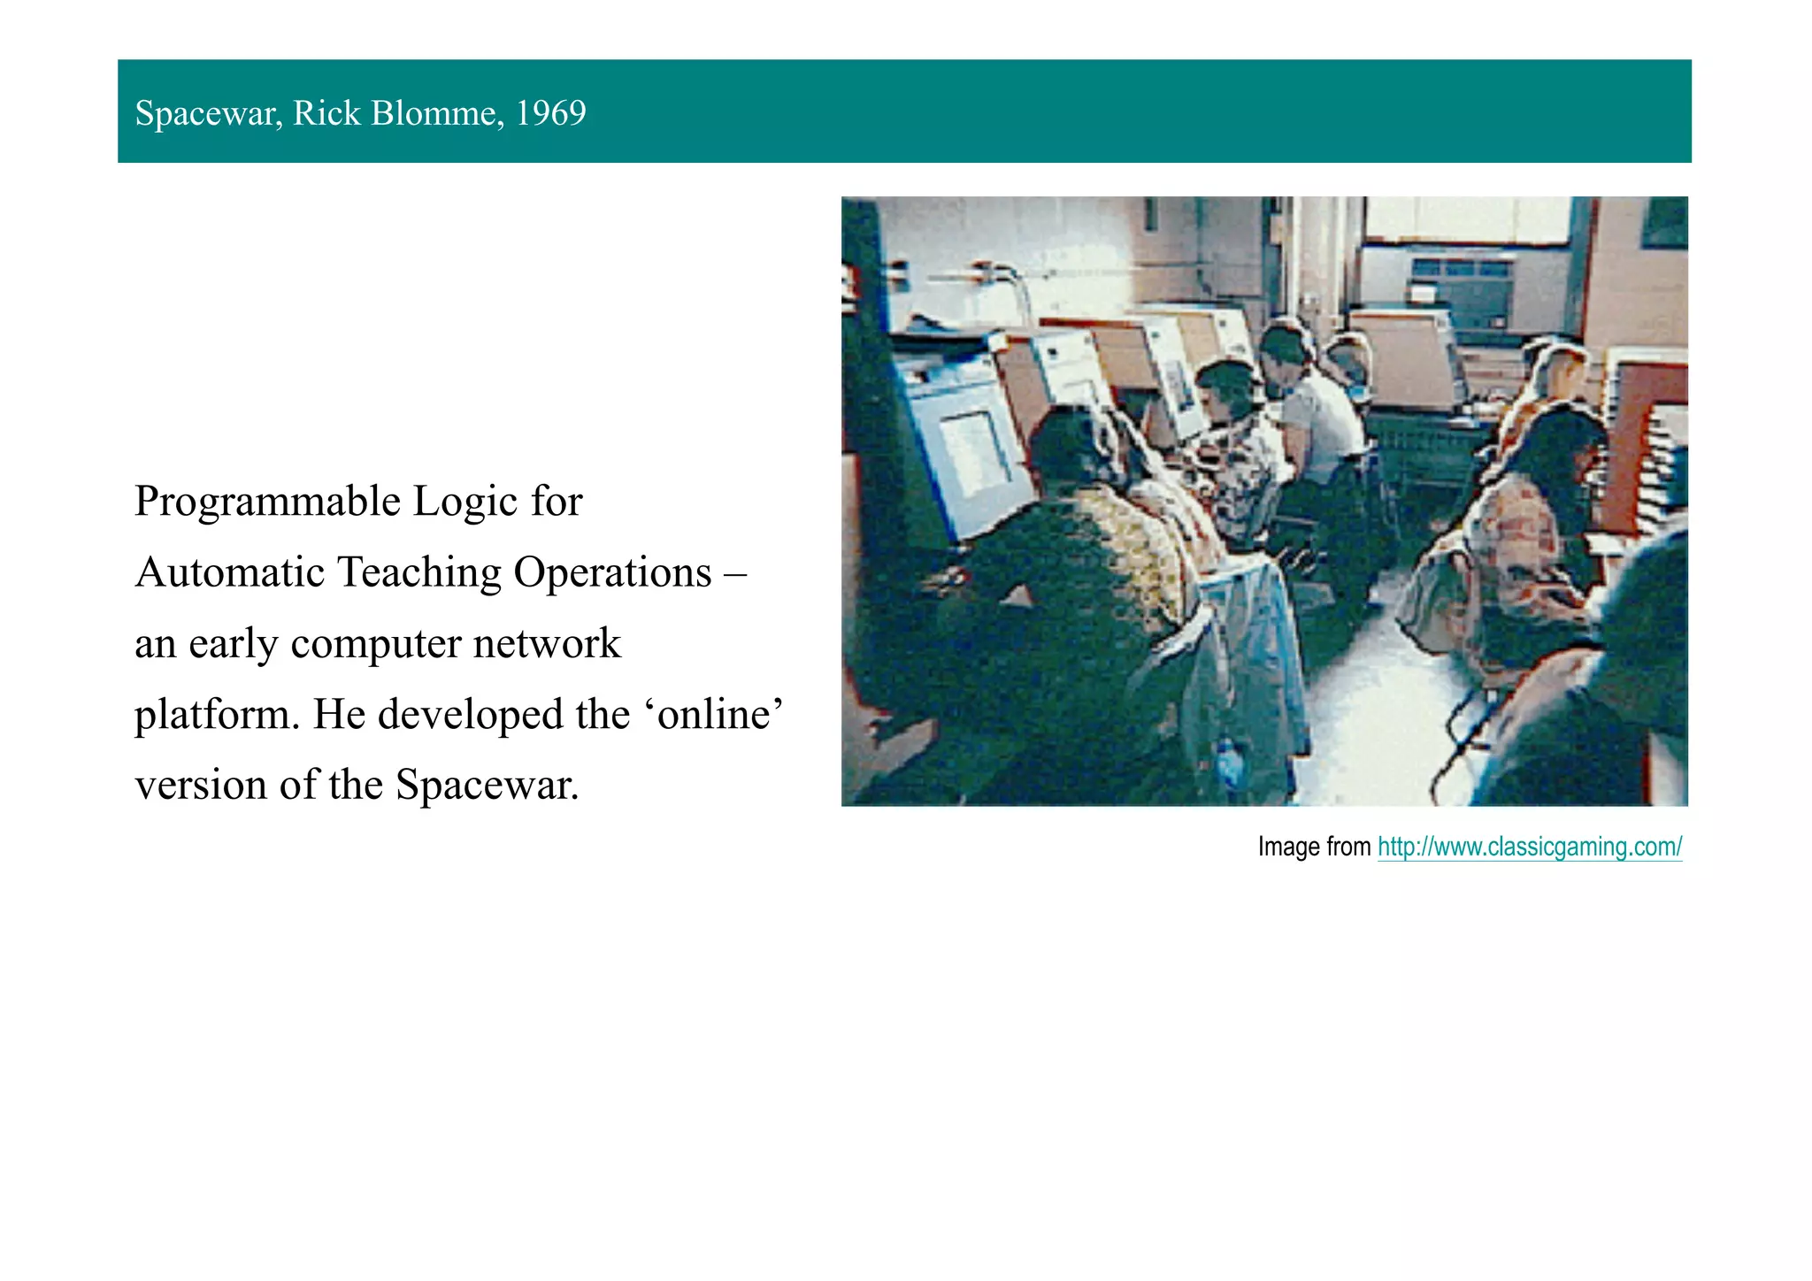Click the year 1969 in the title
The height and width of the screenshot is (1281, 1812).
[550, 113]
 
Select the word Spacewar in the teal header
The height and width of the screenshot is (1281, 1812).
[208, 113]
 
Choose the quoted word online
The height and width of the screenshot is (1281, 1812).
[713, 714]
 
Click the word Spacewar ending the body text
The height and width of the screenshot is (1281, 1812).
[487, 786]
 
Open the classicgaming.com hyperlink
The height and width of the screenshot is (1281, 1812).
[1529, 847]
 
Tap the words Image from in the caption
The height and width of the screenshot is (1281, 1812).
[1314, 847]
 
